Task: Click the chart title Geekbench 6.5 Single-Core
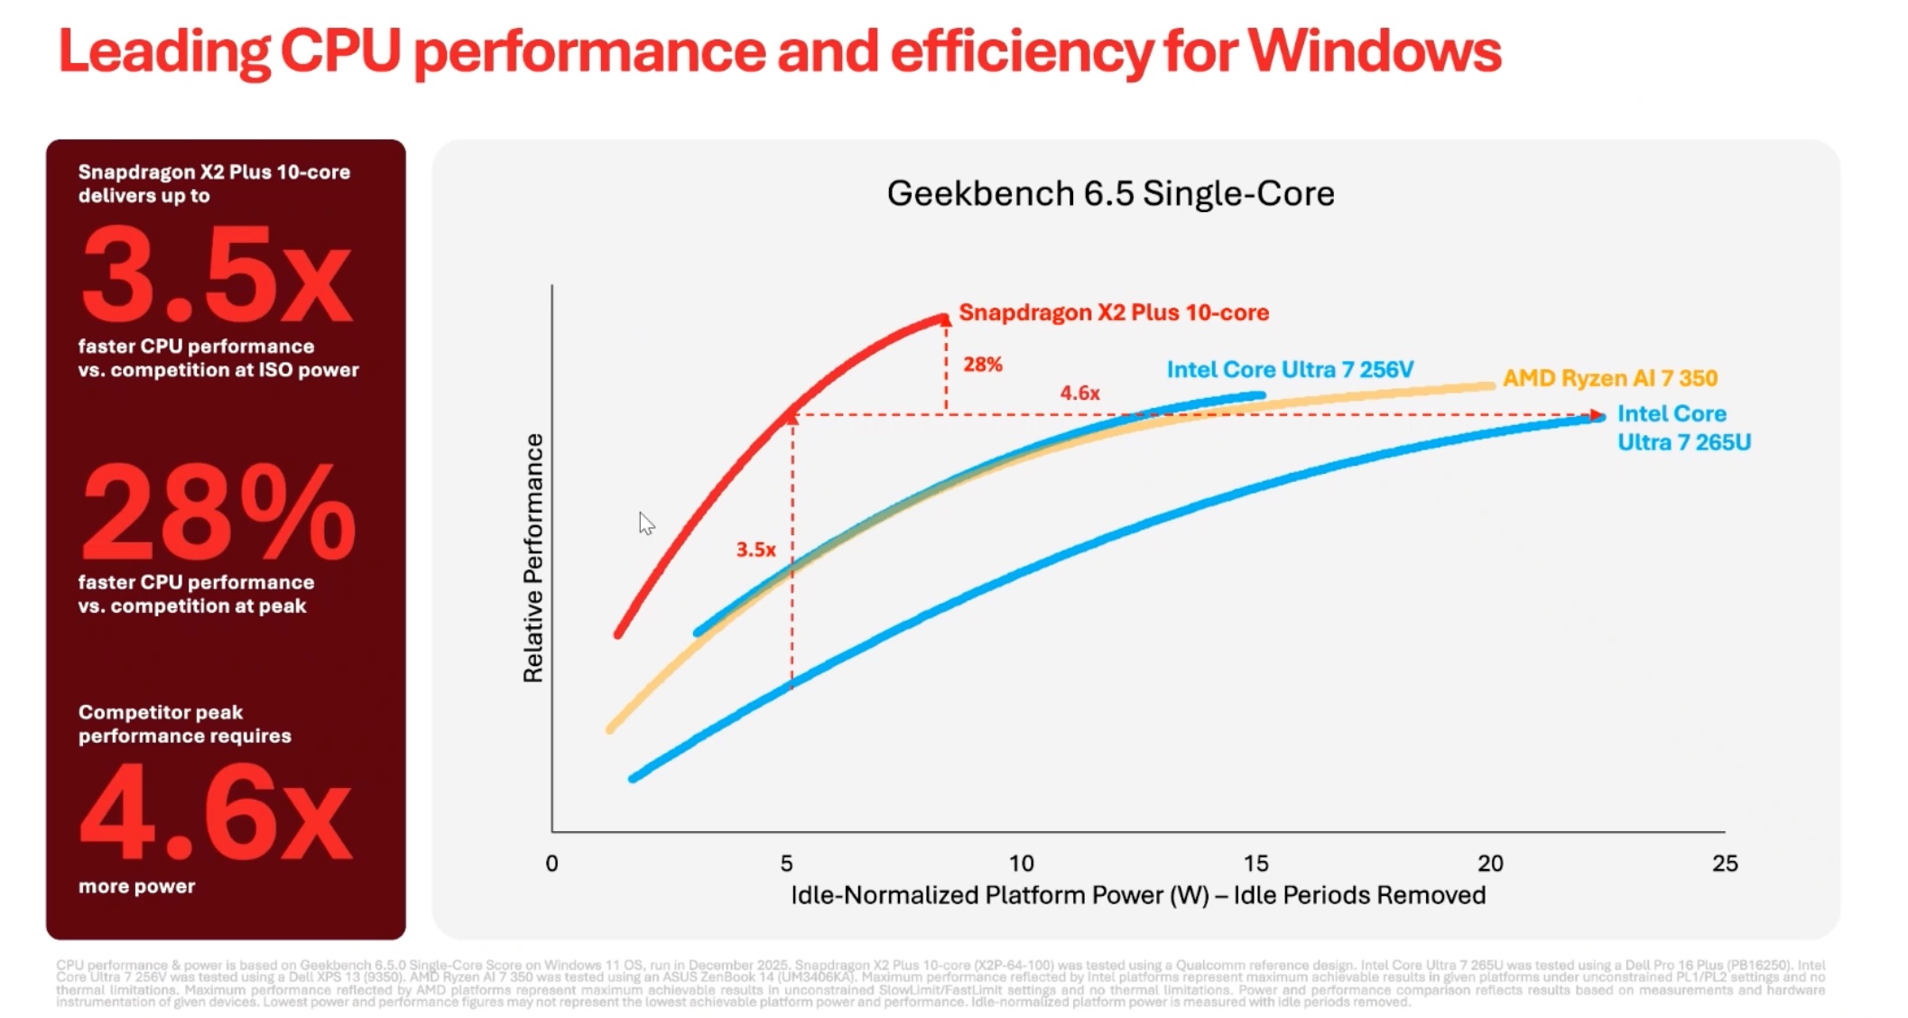click(1110, 194)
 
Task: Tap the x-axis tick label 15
click(1255, 864)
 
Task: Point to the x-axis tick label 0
click(551, 864)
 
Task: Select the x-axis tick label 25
click(1724, 864)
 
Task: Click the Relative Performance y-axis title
click(533, 558)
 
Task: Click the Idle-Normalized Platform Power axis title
click(1137, 895)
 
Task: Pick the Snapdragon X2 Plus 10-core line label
click(1113, 313)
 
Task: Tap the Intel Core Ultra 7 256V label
click(1290, 370)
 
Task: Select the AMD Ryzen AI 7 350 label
click(1609, 378)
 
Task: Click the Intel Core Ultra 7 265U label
click(1683, 428)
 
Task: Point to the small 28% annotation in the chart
click(982, 365)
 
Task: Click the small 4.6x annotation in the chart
click(1079, 393)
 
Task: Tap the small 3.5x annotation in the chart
click(755, 550)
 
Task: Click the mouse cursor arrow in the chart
click(645, 523)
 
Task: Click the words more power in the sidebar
click(136, 886)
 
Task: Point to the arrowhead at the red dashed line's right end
click(1598, 416)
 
